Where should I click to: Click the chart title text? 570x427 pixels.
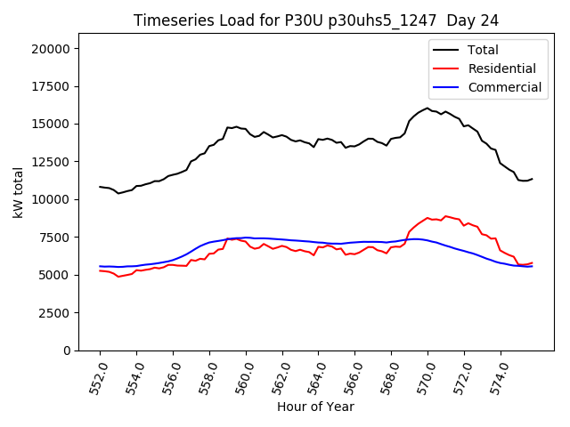pyautogui.click(x=316, y=20)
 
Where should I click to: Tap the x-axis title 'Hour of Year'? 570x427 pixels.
pyautogui.click(x=315, y=407)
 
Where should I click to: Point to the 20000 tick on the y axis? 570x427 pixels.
pyautogui.click(x=52, y=49)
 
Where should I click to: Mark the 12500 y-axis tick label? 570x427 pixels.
pyautogui.click(x=52, y=162)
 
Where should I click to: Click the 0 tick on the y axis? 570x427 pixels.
pyautogui.click(x=68, y=350)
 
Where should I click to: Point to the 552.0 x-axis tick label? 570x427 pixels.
pyautogui.click(x=96, y=376)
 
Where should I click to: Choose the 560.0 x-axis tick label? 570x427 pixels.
pyautogui.click(x=242, y=376)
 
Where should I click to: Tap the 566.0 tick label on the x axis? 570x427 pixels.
pyautogui.click(x=351, y=376)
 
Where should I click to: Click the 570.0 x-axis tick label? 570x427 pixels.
pyautogui.click(x=424, y=376)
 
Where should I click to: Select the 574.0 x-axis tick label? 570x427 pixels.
pyautogui.click(x=497, y=376)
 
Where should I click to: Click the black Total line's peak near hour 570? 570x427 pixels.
pyautogui.click(x=427, y=109)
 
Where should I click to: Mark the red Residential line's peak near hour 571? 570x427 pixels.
pyautogui.click(x=445, y=215)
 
